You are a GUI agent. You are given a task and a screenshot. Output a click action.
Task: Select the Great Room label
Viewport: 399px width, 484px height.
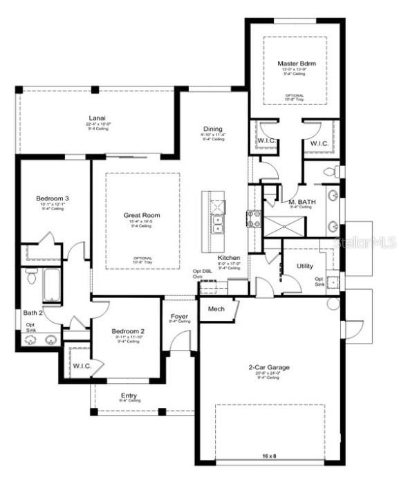click(142, 215)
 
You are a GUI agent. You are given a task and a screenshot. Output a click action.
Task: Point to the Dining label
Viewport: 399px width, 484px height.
click(212, 128)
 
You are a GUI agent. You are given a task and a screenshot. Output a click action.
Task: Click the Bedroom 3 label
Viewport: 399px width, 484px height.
click(53, 199)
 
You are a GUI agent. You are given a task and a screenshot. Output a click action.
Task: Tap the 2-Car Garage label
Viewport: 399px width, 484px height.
click(269, 367)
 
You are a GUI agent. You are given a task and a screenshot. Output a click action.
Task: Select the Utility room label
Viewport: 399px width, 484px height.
click(305, 266)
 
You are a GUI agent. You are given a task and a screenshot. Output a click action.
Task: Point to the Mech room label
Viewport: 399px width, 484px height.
click(216, 309)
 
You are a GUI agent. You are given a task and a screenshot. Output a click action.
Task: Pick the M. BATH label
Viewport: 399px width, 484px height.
click(302, 201)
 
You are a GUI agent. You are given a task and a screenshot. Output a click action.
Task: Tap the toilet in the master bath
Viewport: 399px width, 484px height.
click(331, 170)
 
